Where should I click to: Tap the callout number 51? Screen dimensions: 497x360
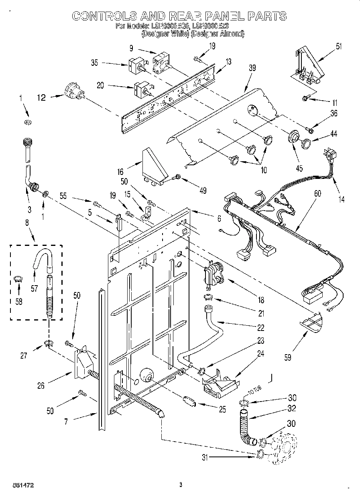click(339, 47)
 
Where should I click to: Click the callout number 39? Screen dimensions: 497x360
click(252, 69)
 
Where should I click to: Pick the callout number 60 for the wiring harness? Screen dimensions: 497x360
click(317, 194)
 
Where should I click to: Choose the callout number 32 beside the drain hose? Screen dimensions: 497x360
click(292, 409)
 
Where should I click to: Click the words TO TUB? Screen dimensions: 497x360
click(245, 391)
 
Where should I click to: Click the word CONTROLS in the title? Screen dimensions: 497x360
click(102, 16)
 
